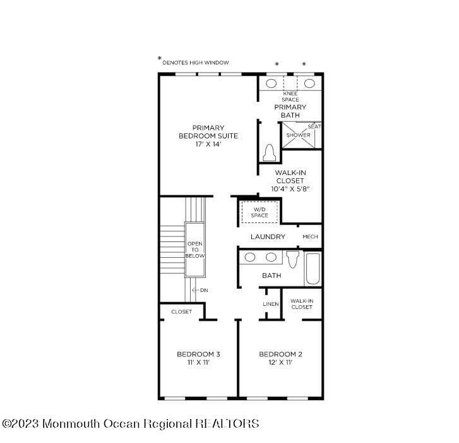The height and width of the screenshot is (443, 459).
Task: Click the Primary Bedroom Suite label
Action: (x=208, y=136)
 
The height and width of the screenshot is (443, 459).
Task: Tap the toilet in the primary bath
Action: (x=269, y=154)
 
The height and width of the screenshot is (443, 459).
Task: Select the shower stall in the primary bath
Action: (x=298, y=135)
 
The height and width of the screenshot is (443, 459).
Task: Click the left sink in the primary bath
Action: (x=271, y=83)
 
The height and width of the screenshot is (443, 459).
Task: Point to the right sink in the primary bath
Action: (x=309, y=83)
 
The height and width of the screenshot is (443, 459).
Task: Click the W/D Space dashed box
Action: (x=259, y=212)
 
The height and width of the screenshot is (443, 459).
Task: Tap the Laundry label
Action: (x=268, y=237)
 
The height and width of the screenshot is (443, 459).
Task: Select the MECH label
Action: (x=310, y=237)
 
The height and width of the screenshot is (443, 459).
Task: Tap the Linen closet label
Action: (x=270, y=304)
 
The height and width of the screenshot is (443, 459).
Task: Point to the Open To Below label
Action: (x=195, y=250)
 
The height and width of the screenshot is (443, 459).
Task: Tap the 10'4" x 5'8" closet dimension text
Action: (x=290, y=189)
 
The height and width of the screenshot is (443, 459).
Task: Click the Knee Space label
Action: (x=290, y=97)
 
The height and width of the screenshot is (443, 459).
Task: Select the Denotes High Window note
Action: (x=195, y=63)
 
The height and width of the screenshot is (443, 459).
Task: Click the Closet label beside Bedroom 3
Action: (x=181, y=312)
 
